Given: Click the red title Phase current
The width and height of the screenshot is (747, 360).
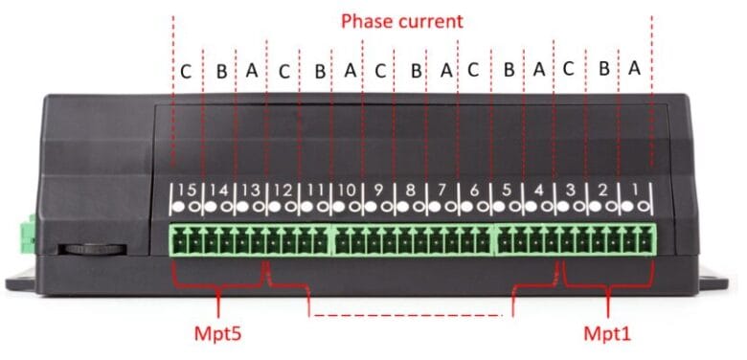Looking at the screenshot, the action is pyautogui.click(x=402, y=20).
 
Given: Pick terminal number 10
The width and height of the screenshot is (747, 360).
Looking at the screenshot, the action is pyautogui.click(x=347, y=190).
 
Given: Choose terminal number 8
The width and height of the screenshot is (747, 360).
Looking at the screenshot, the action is pyautogui.click(x=411, y=190).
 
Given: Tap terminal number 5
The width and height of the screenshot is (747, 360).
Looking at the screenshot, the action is pyautogui.click(x=507, y=190).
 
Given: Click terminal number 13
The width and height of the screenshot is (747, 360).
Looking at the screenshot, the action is pyautogui.click(x=250, y=190).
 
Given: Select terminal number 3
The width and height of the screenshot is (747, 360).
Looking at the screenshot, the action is pyautogui.click(x=571, y=190).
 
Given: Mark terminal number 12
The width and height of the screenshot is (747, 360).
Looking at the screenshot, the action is pyautogui.click(x=283, y=190).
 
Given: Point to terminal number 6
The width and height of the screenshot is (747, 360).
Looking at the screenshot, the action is pyautogui.click(x=475, y=190).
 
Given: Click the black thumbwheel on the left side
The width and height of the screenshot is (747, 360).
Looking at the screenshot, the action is pyautogui.click(x=92, y=250).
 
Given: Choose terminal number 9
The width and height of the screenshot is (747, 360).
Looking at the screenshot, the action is pyautogui.click(x=379, y=190).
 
